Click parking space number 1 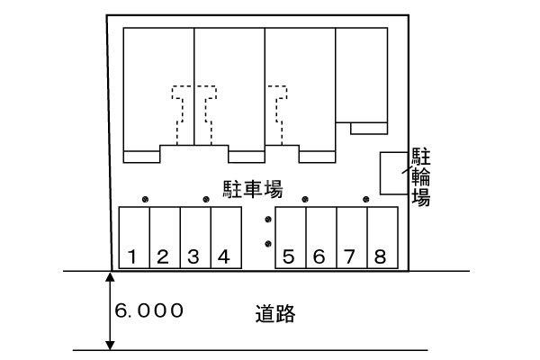click(x=134, y=238)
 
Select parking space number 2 click(x=165, y=238)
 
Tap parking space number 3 click(x=195, y=238)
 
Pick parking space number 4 click(x=226, y=238)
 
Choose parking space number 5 click(x=290, y=238)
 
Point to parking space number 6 click(x=320, y=238)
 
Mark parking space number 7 click(x=351, y=238)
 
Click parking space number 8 click(x=382, y=238)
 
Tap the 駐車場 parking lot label click(x=253, y=188)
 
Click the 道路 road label click(x=274, y=314)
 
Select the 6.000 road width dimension click(x=149, y=311)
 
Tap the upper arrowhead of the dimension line click(x=110, y=276)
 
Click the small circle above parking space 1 click(x=146, y=199)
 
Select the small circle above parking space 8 click(x=366, y=199)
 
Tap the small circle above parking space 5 click(x=306, y=199)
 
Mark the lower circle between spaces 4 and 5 click(x=267, y=243)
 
